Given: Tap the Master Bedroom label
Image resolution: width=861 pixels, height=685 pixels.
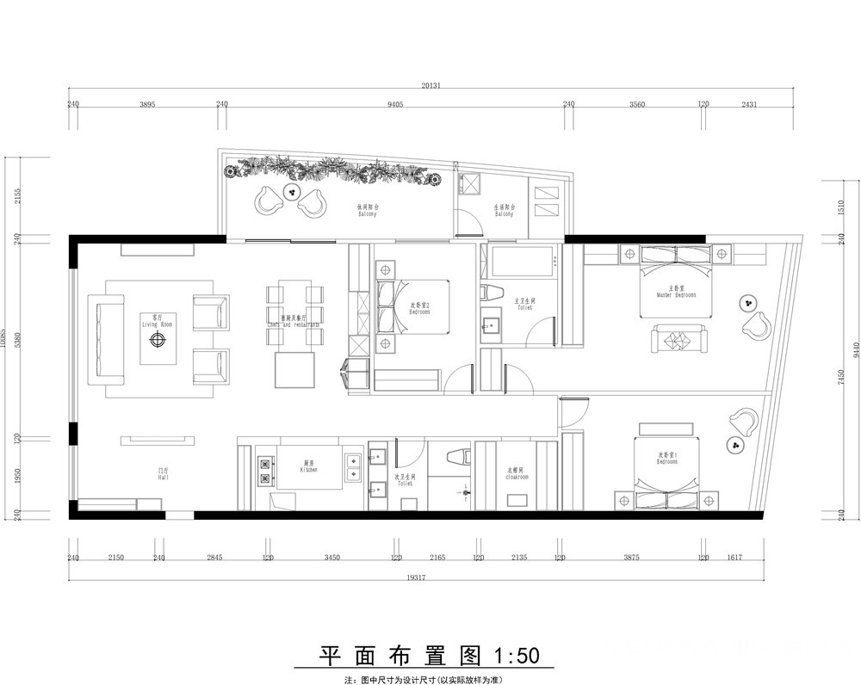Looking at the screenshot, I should point(676,292).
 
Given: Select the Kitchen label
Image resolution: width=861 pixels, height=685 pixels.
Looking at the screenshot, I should point(309,467).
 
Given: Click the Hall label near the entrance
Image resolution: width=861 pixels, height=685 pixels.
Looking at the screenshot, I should point(163,473).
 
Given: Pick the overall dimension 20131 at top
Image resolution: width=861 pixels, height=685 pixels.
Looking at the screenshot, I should point(431,86).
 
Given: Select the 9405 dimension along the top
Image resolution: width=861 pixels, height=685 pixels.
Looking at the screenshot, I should point(395,104).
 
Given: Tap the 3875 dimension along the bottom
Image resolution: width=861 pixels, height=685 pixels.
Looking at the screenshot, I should point(631,558).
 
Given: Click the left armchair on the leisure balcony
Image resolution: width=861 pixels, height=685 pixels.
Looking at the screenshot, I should point(270,200).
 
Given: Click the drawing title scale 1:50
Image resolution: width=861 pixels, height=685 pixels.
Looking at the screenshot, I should point(515,657).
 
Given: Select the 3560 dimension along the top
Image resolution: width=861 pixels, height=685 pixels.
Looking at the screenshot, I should point(636,104).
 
